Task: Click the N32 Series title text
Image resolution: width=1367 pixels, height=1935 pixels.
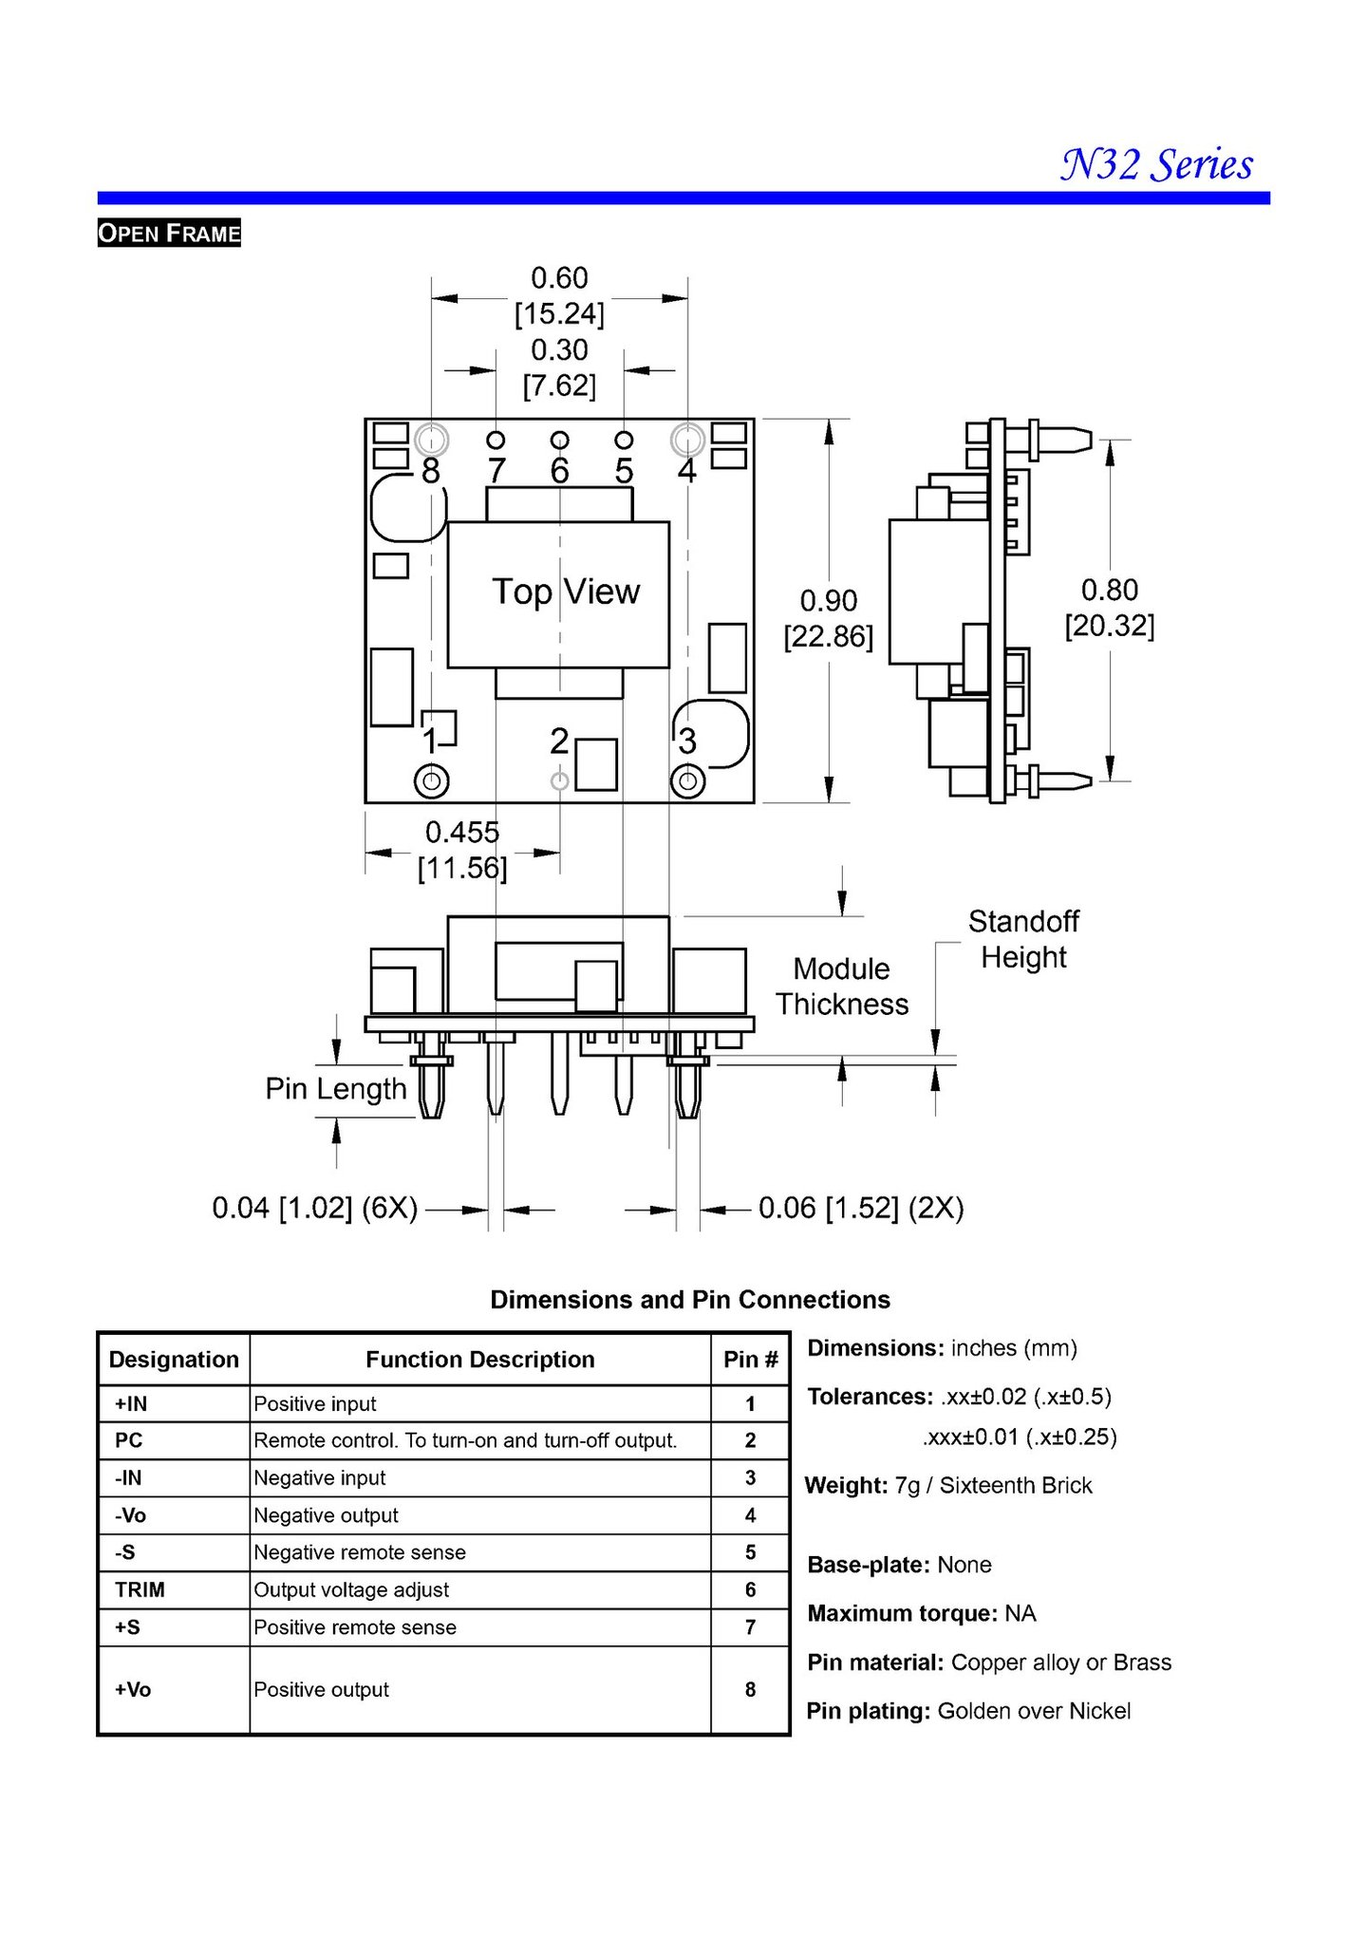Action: pos(1157,164)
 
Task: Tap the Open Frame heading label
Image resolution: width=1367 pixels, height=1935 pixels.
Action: pos(169,233)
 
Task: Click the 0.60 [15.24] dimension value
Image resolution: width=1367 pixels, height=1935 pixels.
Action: pos(559,295)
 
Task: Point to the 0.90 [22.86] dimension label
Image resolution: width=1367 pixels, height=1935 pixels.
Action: pos(828,618)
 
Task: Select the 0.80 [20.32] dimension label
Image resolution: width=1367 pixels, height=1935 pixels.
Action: pos(1110,608)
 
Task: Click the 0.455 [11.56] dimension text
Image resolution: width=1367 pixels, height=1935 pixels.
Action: pos(462,850)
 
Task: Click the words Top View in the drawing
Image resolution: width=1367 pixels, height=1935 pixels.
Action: pos(566,592)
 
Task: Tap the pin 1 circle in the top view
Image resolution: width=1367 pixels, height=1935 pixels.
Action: pos(432,781)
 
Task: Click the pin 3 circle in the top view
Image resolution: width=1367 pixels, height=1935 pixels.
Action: pos(687,781)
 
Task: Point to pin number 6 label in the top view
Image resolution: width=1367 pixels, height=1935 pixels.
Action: pos(559,471)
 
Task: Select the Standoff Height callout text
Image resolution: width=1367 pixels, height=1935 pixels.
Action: pos(1023,939)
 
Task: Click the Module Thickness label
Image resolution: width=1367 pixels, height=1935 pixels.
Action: pos(842,986)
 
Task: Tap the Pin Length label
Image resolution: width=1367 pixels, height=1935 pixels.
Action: pos(336,1089)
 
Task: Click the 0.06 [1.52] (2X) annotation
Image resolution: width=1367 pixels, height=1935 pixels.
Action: pos(861,1208)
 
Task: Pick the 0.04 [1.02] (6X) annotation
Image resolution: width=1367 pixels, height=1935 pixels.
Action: pos(315,1208)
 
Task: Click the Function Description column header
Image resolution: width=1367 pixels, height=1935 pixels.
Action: pos(480,1360)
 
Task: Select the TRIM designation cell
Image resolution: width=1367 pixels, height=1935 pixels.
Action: pos(140,1589)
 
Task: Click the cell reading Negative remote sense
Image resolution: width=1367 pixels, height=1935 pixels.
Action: pos(360,1552)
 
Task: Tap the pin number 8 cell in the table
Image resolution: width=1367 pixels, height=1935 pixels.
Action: pos(750,1689)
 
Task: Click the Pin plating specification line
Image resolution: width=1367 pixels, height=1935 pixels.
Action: pos(968,1711)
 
